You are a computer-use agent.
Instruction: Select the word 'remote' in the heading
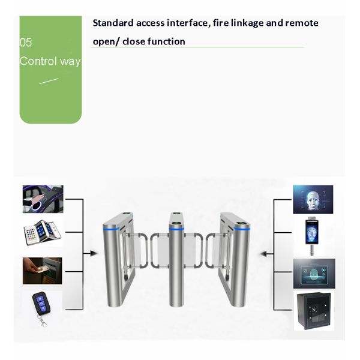point(301,23)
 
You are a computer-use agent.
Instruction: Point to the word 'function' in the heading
point(166,41)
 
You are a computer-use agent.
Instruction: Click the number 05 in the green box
point(26,43)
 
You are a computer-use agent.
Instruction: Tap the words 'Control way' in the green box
point(50,61)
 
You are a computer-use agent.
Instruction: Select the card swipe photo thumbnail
point(42,271)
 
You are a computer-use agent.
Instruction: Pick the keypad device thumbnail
point(42,232)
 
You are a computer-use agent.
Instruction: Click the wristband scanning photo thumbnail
point(43,199)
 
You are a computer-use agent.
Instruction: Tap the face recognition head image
point(313,199)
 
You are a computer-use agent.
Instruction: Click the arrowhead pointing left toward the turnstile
point(263,253)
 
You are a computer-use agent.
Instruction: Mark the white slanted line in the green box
point(49,80)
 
